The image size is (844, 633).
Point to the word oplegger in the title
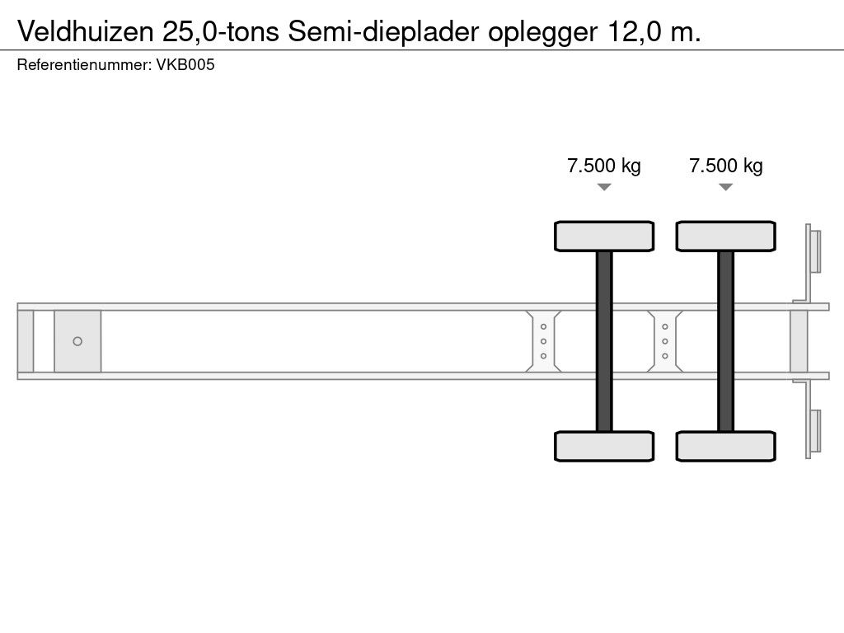click(x=545, y=33)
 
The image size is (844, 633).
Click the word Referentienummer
click(x=82, y=66)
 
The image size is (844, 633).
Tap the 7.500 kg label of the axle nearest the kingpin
click(x=604, y=166)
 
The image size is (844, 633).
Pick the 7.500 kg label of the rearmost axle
click(x=725, y=166)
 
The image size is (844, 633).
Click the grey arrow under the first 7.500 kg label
click(x=604, y=187)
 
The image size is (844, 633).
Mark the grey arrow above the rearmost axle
click(x=725, y=187)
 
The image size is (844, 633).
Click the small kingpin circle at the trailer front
click(x=77, y=341)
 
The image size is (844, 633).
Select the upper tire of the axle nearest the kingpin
click(x=604, y=236)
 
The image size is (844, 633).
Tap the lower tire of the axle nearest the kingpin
click(x=604, y=446)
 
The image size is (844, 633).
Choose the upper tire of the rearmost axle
click(x=725, y=236)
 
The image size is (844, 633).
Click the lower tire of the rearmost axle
click(x=725, y=446)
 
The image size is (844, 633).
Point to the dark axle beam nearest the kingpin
click(x=604, y=341)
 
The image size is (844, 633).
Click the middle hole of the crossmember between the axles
click(x=664, y=341)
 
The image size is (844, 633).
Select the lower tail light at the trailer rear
click(x=814, y=431)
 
